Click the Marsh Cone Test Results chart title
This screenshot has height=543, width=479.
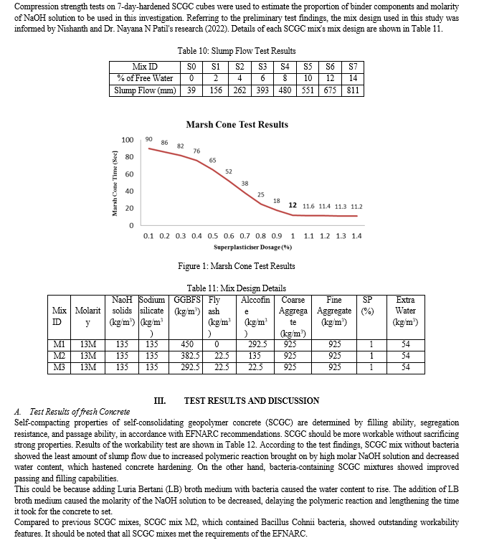(x=237, y=124)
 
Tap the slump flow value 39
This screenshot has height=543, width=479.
(x=191, y=91)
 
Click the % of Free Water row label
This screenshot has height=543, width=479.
(x=146, y=79)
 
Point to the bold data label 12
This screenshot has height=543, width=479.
(x=293, y=205)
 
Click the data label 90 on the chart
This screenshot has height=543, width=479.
(x=148, y=138)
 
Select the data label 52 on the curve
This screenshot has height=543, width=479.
(x=229, y=171)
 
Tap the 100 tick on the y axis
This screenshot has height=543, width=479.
(x=128, y=140)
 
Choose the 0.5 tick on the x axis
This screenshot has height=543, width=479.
(x=213, y=235)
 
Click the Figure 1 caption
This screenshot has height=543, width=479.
(x=236, y=266)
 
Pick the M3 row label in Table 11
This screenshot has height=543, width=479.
(x=60, y=367)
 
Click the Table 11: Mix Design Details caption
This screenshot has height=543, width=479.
(x=236, y=288)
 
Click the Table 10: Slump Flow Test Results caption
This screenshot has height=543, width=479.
(x=236, y=51)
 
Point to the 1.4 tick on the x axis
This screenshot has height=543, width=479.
(x=356, y=235)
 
